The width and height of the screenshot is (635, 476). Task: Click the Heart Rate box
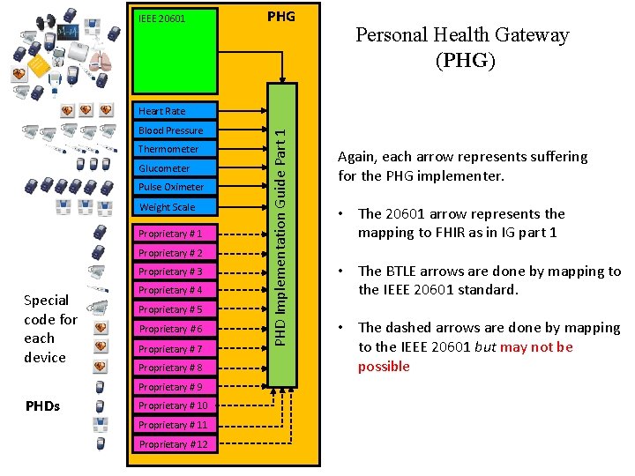(x=175, y=111)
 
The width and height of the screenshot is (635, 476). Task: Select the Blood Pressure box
(x=175, y=130)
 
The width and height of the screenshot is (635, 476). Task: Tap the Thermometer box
(x=175, y=149)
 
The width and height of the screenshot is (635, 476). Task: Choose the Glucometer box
(x=175, y=168)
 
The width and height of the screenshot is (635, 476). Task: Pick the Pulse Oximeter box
(x=175, y=187)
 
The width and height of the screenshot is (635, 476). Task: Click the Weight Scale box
(x=175, y=207)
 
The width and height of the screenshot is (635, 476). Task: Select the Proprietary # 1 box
(x=175, y=234)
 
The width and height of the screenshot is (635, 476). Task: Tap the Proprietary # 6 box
(x=175, y=329)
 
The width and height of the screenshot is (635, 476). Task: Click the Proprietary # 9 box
(x=175, y=387)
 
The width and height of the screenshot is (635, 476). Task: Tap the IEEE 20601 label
(x=161, y=18)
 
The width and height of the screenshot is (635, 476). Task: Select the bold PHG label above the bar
(x=280, y=17)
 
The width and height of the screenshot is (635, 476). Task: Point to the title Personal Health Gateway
(x=462, y=35)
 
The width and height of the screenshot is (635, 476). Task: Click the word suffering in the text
(x=554, y=157)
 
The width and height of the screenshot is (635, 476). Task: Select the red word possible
(x=384, y=367)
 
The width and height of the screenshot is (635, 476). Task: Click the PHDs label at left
(x=44, y=405)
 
